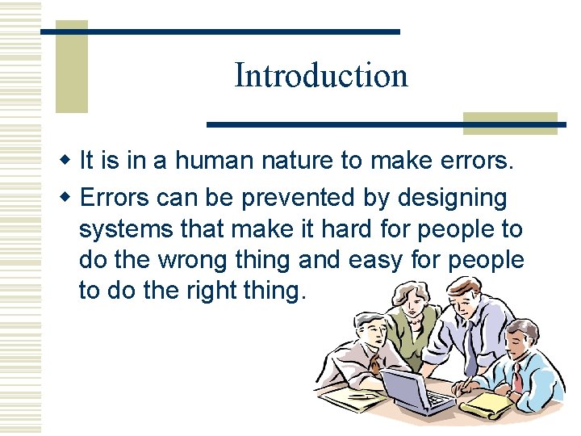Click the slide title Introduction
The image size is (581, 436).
click(x=320, y=76)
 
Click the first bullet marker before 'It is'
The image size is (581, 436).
click(x=69, y=161)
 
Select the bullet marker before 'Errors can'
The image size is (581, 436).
click(x=69, y=198)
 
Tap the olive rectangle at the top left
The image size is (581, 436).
click(x=71, y=66)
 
